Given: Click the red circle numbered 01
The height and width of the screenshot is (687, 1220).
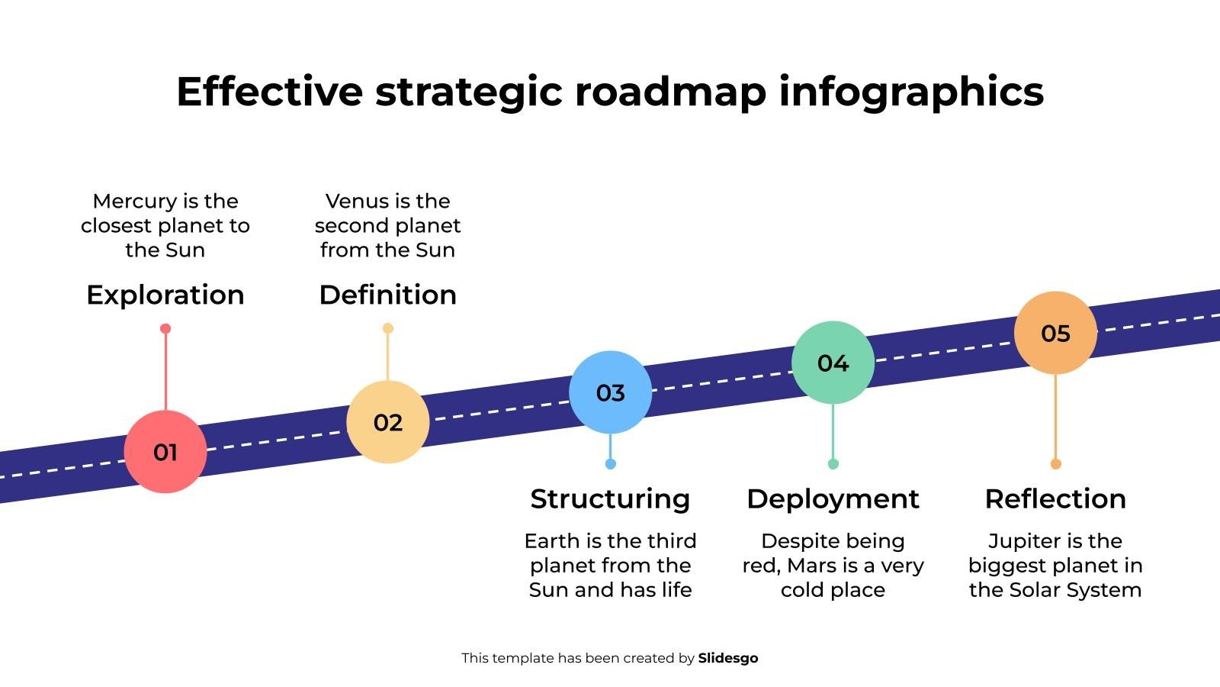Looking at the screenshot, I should coord(165,452).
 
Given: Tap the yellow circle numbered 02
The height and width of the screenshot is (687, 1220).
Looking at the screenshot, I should coord(388,422).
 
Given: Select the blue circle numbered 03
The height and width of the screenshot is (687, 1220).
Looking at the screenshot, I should coord(611,392).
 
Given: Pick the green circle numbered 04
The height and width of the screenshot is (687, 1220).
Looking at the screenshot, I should coord(833,363).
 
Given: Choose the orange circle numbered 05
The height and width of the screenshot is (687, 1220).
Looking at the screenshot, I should coord(1055,333).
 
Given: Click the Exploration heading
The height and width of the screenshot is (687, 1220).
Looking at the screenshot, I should coord(165,295).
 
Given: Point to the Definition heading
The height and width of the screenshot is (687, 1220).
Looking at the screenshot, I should coord(388,295).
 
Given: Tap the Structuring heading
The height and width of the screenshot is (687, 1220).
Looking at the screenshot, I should coord(610,498).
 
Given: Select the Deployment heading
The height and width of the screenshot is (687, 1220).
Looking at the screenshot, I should coord(833,498).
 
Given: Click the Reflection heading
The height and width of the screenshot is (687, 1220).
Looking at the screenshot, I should coord(1055,498).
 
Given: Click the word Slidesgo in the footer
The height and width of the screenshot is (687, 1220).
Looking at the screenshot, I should coord(728,658).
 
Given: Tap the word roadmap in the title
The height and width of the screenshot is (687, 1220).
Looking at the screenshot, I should coord(670,92).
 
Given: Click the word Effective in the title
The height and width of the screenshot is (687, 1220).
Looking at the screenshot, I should coord(269,92).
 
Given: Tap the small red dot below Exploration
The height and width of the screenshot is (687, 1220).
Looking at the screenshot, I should coord(165,329).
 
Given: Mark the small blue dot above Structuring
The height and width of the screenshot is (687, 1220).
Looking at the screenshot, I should coord(610,464).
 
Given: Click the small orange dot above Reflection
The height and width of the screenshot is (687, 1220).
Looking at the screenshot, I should coord(1055,464).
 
